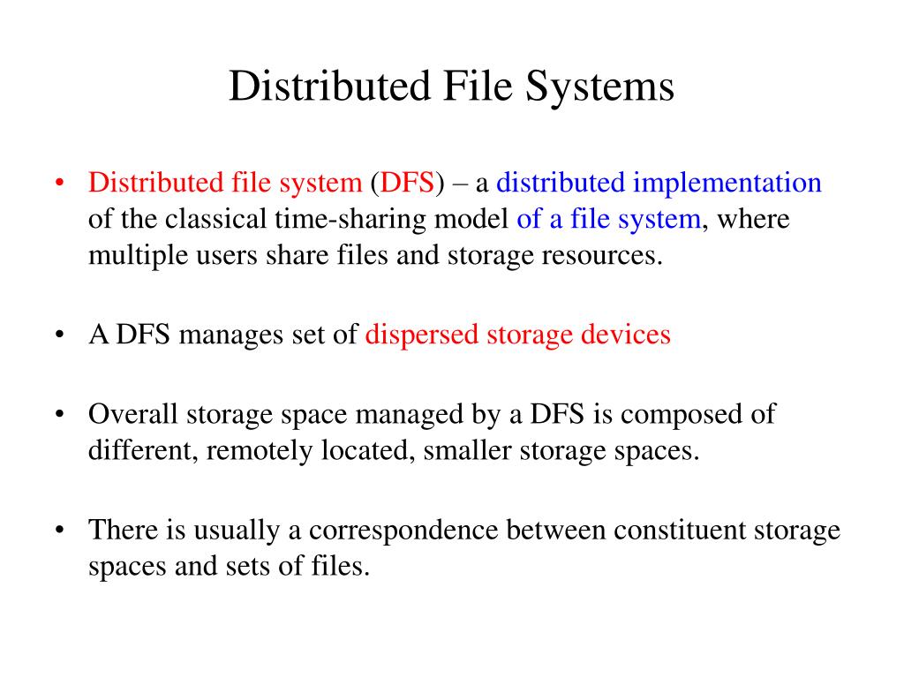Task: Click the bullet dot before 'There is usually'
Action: [x=59, y=531]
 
